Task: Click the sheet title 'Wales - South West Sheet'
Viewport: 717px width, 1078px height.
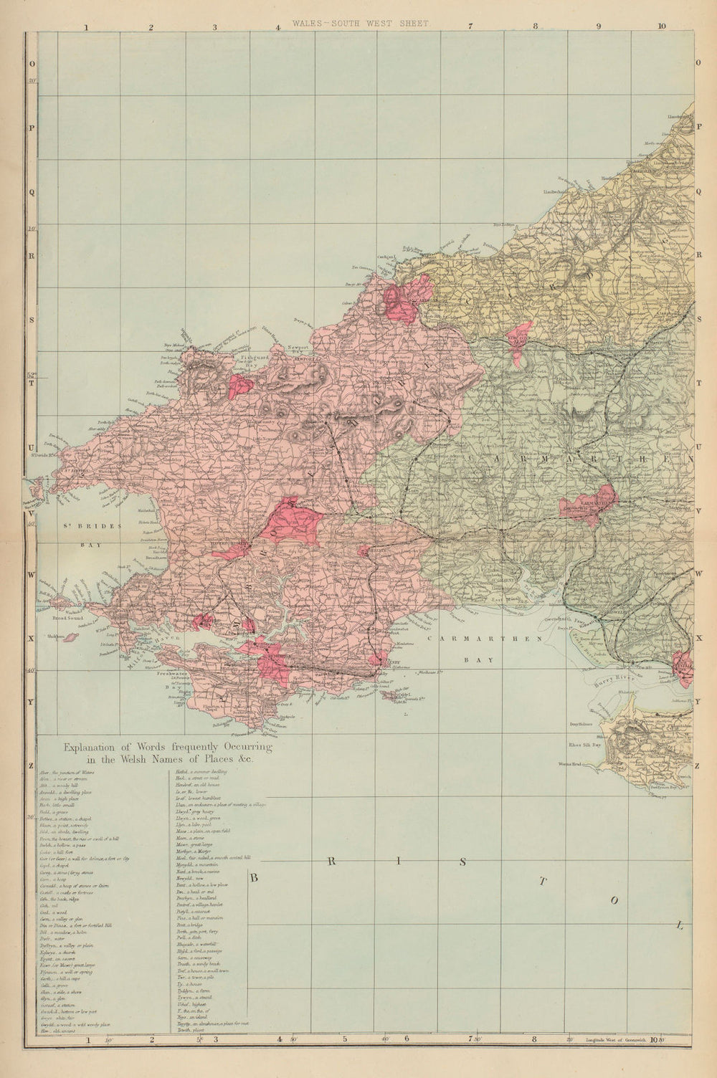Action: (x=360, y=23)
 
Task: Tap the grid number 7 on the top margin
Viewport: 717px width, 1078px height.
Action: (x=470, y=28)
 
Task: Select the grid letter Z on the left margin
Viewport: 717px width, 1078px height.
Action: (x=31, y=765)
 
